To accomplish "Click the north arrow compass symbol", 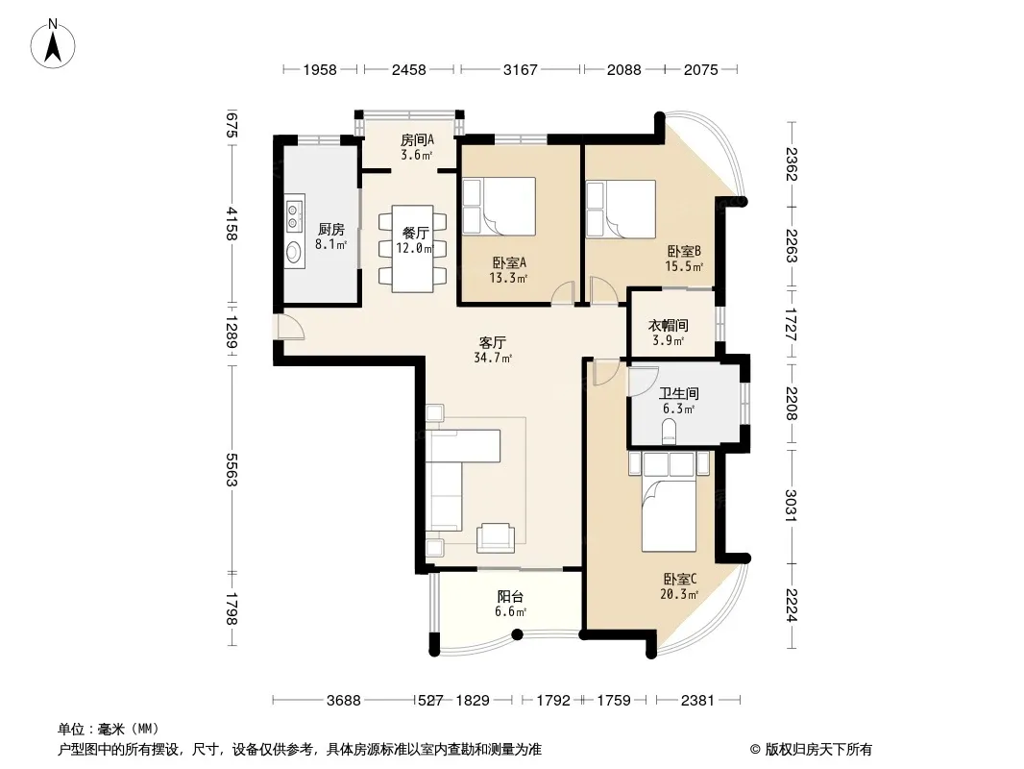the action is pos(53,44).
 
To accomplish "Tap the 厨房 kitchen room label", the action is pos(331,230).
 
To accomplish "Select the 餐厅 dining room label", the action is pos(415,234).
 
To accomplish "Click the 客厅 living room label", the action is pos(493,342).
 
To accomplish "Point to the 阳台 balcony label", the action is pos(510,597).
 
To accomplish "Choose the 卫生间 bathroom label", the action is pos(678,393).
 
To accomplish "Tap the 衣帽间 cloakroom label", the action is pos(668,325).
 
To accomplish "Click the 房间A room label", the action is pos(417,139).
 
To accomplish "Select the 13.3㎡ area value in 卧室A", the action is pos(508,279).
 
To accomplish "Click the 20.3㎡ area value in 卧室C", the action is pos(679,595).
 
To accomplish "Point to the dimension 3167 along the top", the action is pos(520,69).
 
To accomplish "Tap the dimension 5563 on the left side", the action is pos(231,470).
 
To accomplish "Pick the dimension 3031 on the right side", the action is pos(792,505).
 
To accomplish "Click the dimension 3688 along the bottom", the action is pos(344,701).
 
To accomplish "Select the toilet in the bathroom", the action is pos(669,432).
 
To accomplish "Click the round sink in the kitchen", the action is pos(295,252).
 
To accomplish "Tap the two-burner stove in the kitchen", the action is pos(295,215).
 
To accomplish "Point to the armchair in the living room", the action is pos(495,536).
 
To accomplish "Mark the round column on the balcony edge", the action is pos(517,633).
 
